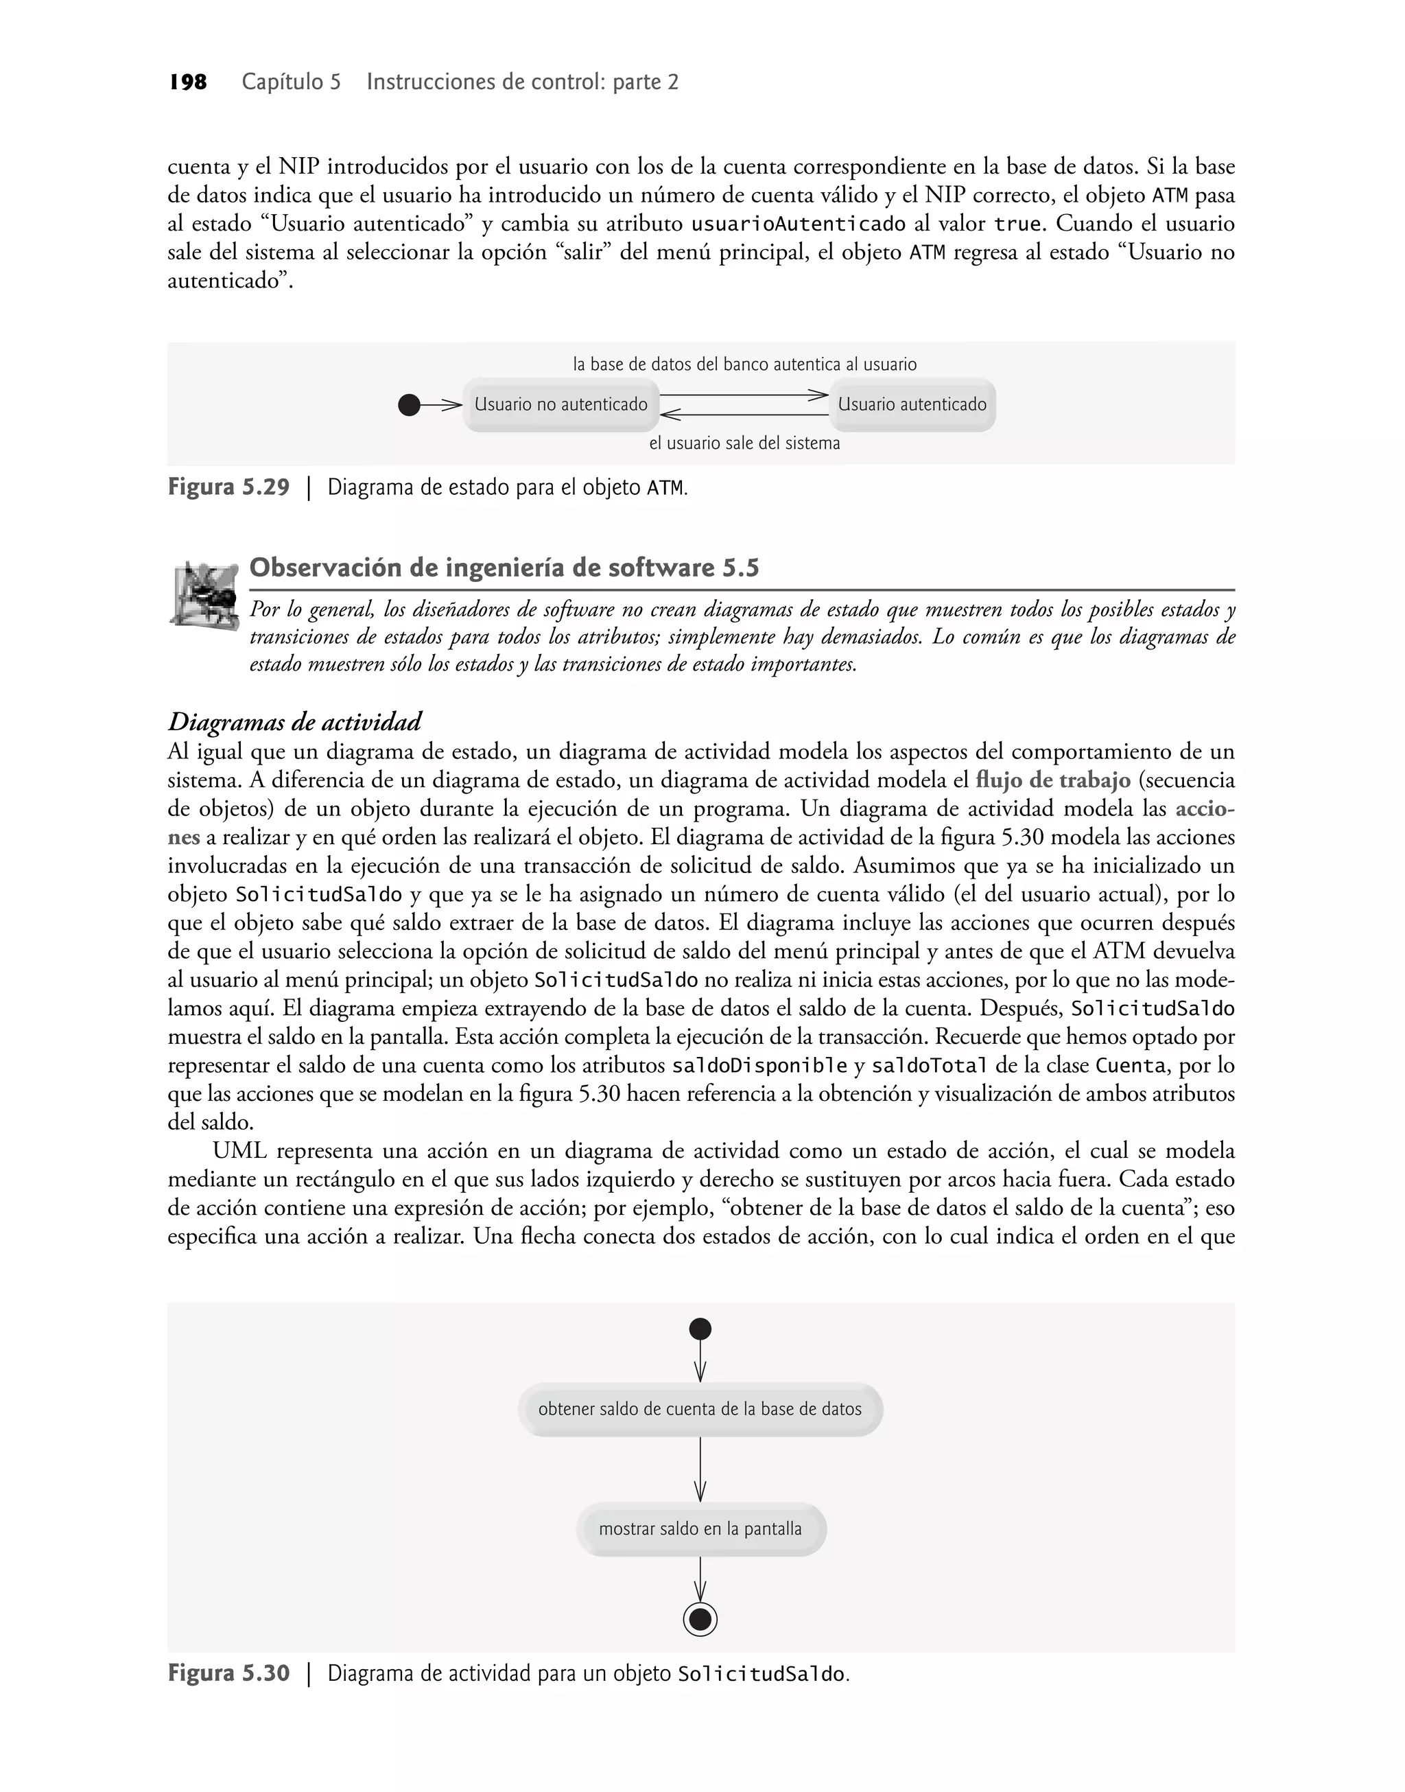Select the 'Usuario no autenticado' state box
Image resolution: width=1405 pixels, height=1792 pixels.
[x=561, y=405]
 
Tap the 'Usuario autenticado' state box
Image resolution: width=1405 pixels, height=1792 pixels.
[x=912, y=405]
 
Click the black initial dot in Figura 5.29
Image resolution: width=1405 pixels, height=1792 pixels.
[x=409, y=405]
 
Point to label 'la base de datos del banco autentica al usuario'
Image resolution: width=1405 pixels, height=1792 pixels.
[x=744, y=364]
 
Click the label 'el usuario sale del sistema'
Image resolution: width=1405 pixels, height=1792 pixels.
[x=744, y=443]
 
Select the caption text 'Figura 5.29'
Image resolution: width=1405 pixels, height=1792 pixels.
[x=228, y=488]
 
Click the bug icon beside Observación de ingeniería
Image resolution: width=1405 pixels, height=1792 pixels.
[x=203, y=594]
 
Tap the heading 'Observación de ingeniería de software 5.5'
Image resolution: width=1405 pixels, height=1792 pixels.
[x=504, y=568]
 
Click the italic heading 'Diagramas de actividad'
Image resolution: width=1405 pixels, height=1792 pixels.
[x=294, y=723]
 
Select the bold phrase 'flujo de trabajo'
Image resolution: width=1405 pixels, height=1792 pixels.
[x=1053, y=780]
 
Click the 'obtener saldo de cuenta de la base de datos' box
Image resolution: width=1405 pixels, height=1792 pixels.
[x=700, y=1410]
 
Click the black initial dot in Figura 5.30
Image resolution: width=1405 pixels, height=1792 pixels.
[x=700, y=1329]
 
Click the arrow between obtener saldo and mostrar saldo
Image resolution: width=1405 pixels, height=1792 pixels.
[x=700, y=1469]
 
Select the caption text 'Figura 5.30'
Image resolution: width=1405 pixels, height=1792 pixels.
[x=228, y=1675]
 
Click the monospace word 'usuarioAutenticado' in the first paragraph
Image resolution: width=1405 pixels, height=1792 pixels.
[x=798, y=224]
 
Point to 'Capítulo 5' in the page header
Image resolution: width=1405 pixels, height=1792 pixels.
[x=291, y=82]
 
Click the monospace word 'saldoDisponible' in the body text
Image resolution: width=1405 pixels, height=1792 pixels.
[x=759, y=1067]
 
